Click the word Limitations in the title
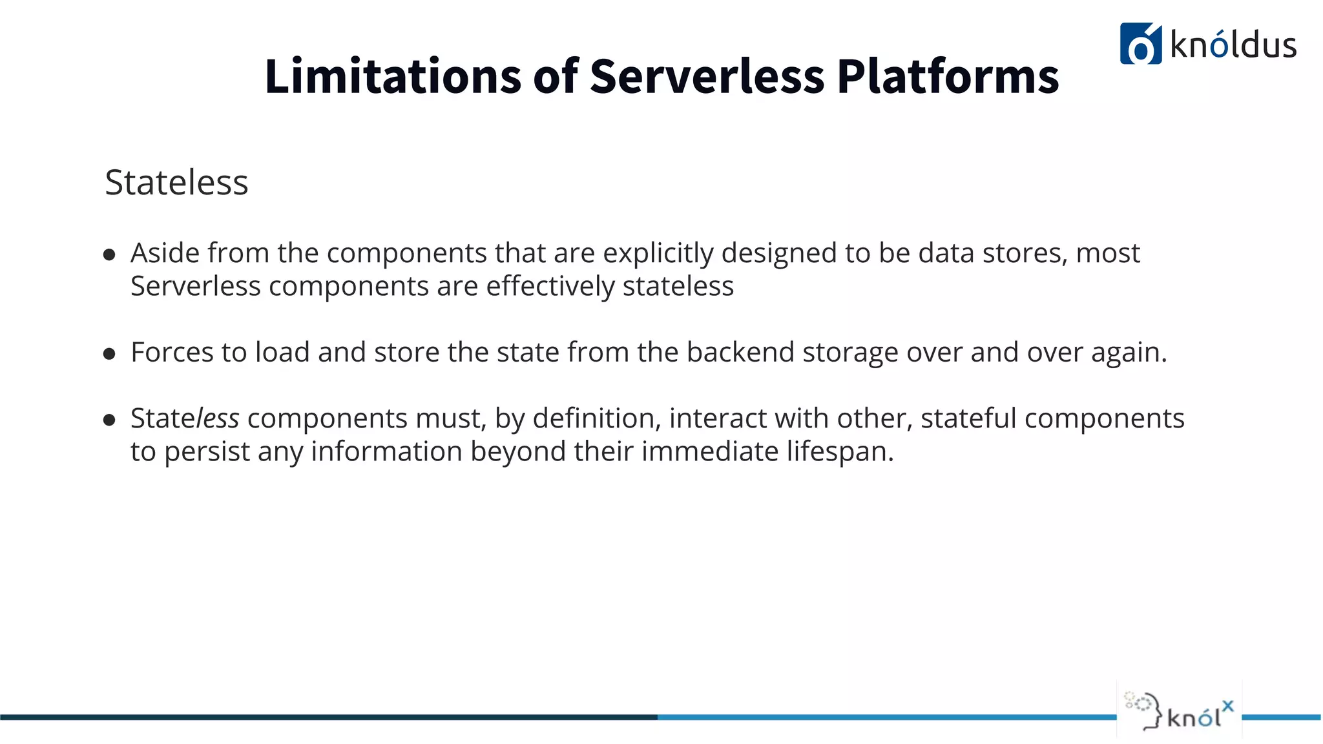(392, 76)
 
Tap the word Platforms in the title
(948, 76)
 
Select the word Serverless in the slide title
(707, 76)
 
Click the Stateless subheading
(176, 182)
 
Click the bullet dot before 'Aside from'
(109, 254)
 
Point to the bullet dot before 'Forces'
(109, 354)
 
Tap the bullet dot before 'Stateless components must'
(109, 420)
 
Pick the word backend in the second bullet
(740, 353)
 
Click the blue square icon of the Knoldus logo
(1140, 44)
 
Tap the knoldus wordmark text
(1233, 45)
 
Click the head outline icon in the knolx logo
(1145, 711)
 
